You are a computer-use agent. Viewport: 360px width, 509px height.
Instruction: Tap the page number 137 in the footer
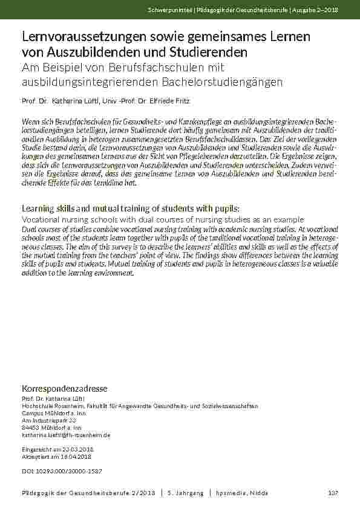(332, 493)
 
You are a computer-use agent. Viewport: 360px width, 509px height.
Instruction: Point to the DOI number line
(62, 469)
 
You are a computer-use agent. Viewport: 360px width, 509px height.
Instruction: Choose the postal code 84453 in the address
(31, 427)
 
